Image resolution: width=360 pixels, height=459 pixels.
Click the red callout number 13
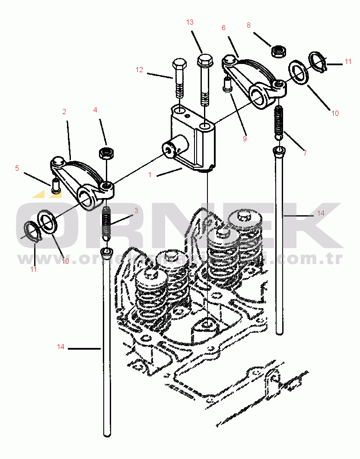click(x=190, y=22)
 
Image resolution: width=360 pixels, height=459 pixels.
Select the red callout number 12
click(x=139, y=70)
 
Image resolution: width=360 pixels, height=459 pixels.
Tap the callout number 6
click(x=223, y=28)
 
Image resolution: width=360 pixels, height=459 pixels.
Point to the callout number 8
click(x=248, y=25)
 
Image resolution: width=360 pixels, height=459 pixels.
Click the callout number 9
click(x=245, y=139)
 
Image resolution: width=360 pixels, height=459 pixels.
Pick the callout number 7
click(x=305, y=153)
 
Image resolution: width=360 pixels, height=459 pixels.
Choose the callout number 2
click(x=64, y=112)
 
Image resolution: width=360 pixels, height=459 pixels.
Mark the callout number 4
click(x=95, y=110)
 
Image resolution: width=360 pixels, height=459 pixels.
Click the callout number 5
click(x=17, y=168)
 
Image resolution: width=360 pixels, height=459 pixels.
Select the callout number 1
click(x=150, y=175)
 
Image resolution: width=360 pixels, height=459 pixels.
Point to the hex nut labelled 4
click(x=106, y=153)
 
